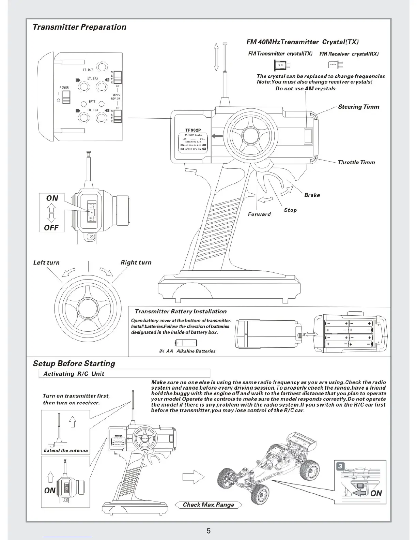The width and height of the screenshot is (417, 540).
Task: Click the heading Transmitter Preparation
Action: coord(79,27)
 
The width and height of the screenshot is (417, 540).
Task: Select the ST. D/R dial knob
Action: coord(102,67)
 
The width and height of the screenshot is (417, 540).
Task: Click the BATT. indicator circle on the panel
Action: coord(83,104)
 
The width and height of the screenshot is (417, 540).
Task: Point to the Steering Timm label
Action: coord(358,107)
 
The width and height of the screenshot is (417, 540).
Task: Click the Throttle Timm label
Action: coord(356,162)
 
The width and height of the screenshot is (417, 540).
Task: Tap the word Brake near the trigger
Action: coord(312,195)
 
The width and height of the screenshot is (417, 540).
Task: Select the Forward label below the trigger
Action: coord(259,214)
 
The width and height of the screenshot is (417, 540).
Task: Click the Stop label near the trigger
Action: coord(290,210)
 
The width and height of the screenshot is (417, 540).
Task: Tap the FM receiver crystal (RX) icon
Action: coord(335,64)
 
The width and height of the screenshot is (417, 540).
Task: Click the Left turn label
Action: coord(46,262)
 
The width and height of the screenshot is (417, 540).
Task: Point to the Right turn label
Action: coord(136,262)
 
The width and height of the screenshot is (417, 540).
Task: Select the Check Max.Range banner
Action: coord(208,505)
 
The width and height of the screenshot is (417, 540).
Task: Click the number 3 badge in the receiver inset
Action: coord(340,466)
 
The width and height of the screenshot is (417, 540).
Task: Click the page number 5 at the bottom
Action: coord(208,530)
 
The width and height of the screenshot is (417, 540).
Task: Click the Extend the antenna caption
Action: coord(66,450)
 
